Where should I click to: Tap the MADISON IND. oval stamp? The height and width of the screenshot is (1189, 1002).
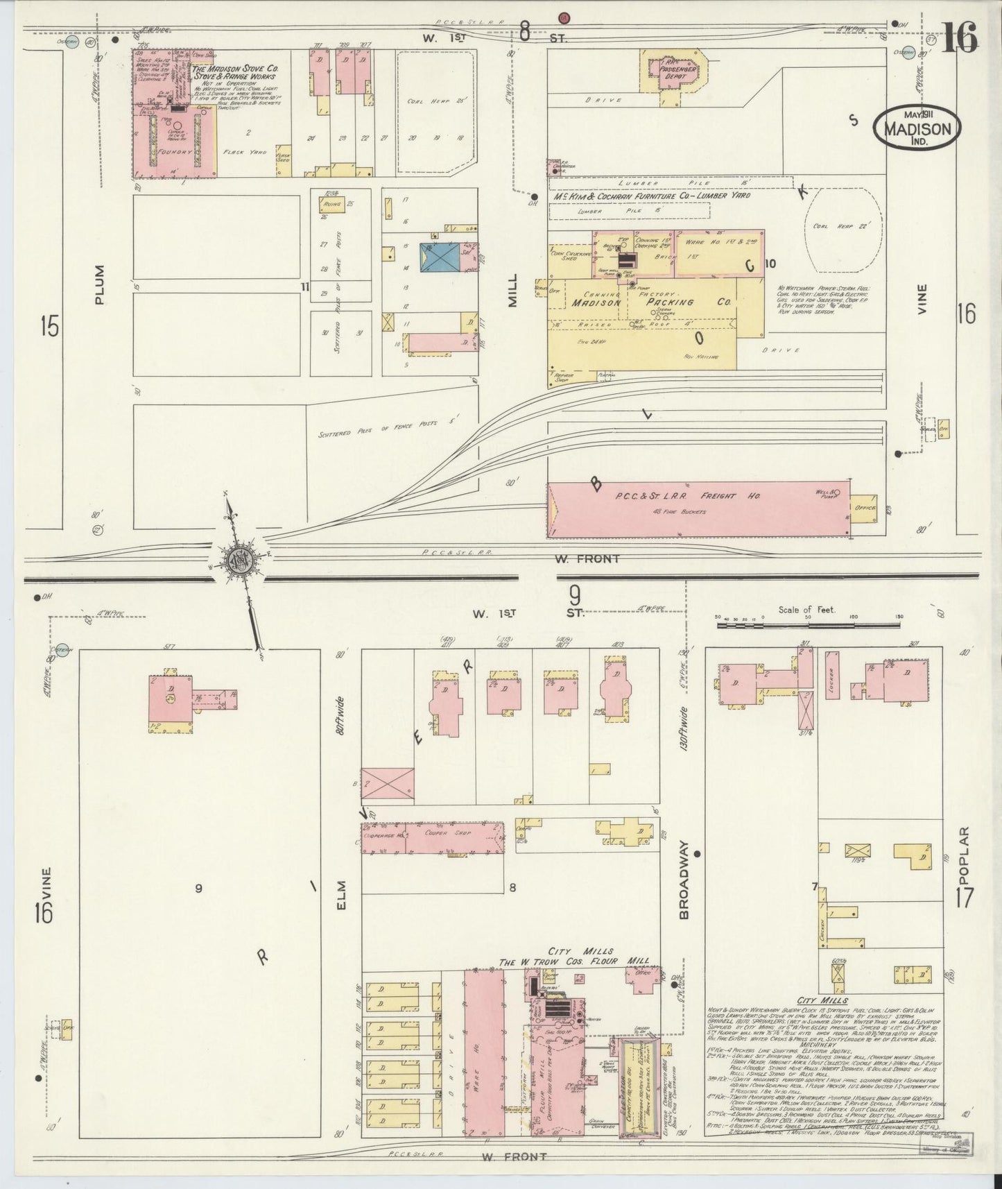click(917, 128)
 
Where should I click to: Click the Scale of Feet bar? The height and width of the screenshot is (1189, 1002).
click(808, 626)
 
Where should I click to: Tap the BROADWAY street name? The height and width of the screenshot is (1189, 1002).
click(684, 880)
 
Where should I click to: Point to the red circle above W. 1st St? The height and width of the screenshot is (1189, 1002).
click(564, 18)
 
